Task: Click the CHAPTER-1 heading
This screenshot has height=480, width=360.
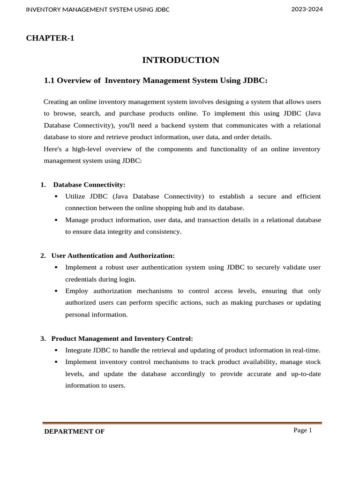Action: click(50, 38)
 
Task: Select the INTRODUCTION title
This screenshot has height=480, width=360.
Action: click(180, 60)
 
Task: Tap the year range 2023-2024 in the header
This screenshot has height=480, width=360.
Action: click(307, 9)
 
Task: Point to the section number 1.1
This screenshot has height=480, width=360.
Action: click(49, 81)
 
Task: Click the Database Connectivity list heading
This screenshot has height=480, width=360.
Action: click(89, 185)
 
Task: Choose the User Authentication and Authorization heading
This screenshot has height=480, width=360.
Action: click(112, 255)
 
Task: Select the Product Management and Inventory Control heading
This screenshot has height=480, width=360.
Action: click(122, 338)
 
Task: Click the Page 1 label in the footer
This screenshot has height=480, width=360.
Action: click(302, 430)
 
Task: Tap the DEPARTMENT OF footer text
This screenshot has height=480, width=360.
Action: click(74, 432)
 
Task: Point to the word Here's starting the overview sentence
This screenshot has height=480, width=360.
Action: click(53, 149)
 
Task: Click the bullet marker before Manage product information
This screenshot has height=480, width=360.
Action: click(56, 220)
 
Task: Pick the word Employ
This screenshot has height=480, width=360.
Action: click(76, 291)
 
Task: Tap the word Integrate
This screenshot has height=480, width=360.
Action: click(78, 350)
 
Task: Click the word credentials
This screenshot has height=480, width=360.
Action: click(81, 279)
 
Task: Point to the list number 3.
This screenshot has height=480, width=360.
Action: click(43, 338)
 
